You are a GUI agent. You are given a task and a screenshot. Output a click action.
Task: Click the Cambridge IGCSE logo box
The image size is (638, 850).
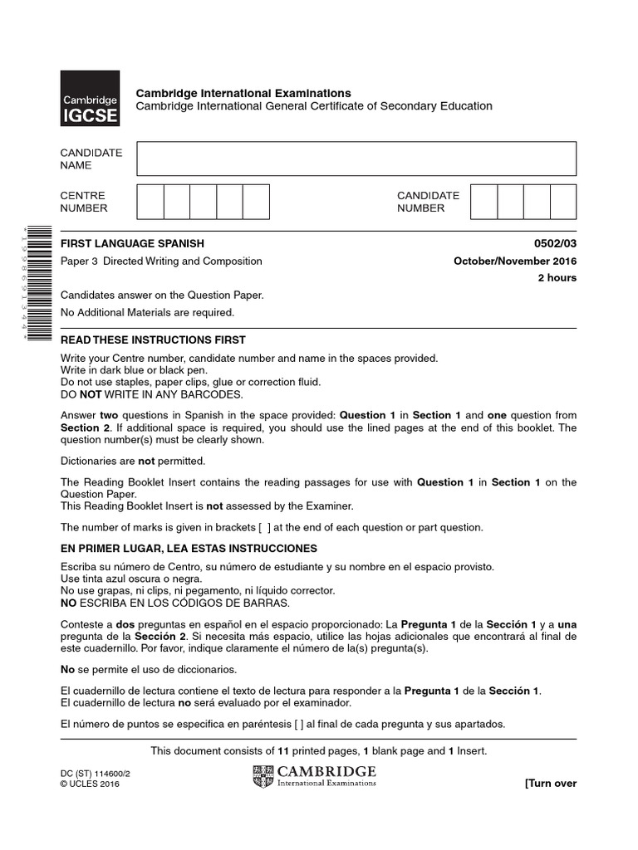[x=90, y=98]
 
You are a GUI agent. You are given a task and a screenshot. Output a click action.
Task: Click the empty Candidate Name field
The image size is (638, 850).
[x=356, y=159]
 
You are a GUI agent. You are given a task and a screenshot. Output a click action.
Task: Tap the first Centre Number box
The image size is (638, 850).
[x=150, y=202]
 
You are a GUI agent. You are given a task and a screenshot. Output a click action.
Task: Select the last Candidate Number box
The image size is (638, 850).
[x=563, y=202]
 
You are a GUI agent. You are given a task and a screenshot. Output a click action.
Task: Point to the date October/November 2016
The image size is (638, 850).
[x=515, y=261]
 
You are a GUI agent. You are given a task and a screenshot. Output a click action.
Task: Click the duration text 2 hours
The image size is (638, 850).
[x=557, y=278]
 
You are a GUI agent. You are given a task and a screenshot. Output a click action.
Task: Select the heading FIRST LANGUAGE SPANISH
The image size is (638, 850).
[x=132, y=244]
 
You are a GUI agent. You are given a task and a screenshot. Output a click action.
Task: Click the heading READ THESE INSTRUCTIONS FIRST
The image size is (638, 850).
[x=153, y=340]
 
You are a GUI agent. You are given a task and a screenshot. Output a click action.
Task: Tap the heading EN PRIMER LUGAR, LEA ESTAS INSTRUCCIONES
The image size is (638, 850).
[x=189, y=550]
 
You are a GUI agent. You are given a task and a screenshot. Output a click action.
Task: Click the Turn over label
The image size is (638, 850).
[x=550, y=784]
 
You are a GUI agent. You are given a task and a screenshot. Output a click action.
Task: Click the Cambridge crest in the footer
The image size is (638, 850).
[x=263, y=777]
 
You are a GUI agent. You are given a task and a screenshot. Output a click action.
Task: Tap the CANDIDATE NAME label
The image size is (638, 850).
[x=91, y=159]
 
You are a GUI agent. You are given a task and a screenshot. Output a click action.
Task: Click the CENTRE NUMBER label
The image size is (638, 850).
[x=84, y=202]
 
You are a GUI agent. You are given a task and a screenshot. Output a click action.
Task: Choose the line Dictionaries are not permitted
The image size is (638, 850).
[x=132, y=461]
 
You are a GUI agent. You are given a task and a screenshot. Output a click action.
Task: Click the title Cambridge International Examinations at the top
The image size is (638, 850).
[x=243, y=93]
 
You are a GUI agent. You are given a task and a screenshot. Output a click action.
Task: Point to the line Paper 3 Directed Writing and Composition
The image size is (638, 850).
[x=161, y=261]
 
